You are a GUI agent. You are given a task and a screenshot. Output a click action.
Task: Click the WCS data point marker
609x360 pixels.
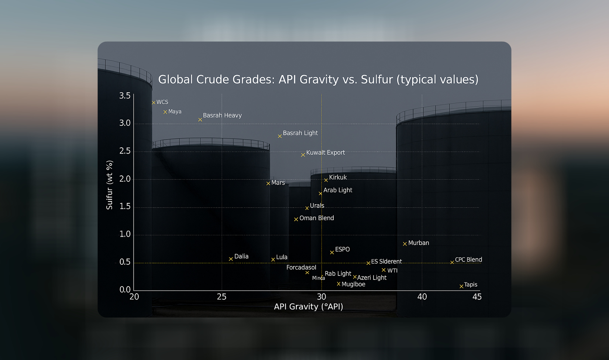click(154, 103)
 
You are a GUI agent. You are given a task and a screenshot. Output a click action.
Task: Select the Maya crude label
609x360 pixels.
click(175, 112)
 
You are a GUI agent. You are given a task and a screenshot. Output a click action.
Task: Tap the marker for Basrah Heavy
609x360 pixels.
click(200, 120)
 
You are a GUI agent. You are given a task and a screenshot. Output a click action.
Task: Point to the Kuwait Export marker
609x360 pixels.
click(303, 155)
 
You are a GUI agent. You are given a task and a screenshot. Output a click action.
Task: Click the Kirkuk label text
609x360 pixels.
click(338, 177)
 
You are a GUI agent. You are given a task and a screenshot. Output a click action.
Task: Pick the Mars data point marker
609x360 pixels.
click(268, 184)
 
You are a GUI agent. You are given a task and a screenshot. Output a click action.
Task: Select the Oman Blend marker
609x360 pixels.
click(296, 219)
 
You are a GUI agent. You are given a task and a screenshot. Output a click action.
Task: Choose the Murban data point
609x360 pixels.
click(405, 244)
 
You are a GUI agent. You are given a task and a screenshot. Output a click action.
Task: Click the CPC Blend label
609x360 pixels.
click(468, 260)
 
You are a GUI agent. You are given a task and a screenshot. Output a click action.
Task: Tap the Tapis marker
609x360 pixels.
click(461, 286)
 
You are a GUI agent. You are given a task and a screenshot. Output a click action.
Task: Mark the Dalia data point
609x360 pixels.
click(231, 259)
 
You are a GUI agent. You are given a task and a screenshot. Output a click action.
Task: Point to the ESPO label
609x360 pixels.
click(342, 249)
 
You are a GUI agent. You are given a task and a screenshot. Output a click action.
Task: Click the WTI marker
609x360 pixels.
click(383, 270)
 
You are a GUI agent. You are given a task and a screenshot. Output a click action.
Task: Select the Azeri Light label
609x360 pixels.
click(372, 278)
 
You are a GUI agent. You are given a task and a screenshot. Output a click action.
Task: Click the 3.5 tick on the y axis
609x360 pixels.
click(125, 96)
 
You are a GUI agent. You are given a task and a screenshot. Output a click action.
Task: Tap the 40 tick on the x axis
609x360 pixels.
click(422, 297)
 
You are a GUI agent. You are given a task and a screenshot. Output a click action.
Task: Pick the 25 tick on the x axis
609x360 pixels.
click(221, 297)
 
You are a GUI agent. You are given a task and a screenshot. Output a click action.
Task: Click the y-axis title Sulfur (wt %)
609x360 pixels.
click(109, 185)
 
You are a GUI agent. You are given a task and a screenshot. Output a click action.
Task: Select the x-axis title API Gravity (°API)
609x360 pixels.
click(309, 307)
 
